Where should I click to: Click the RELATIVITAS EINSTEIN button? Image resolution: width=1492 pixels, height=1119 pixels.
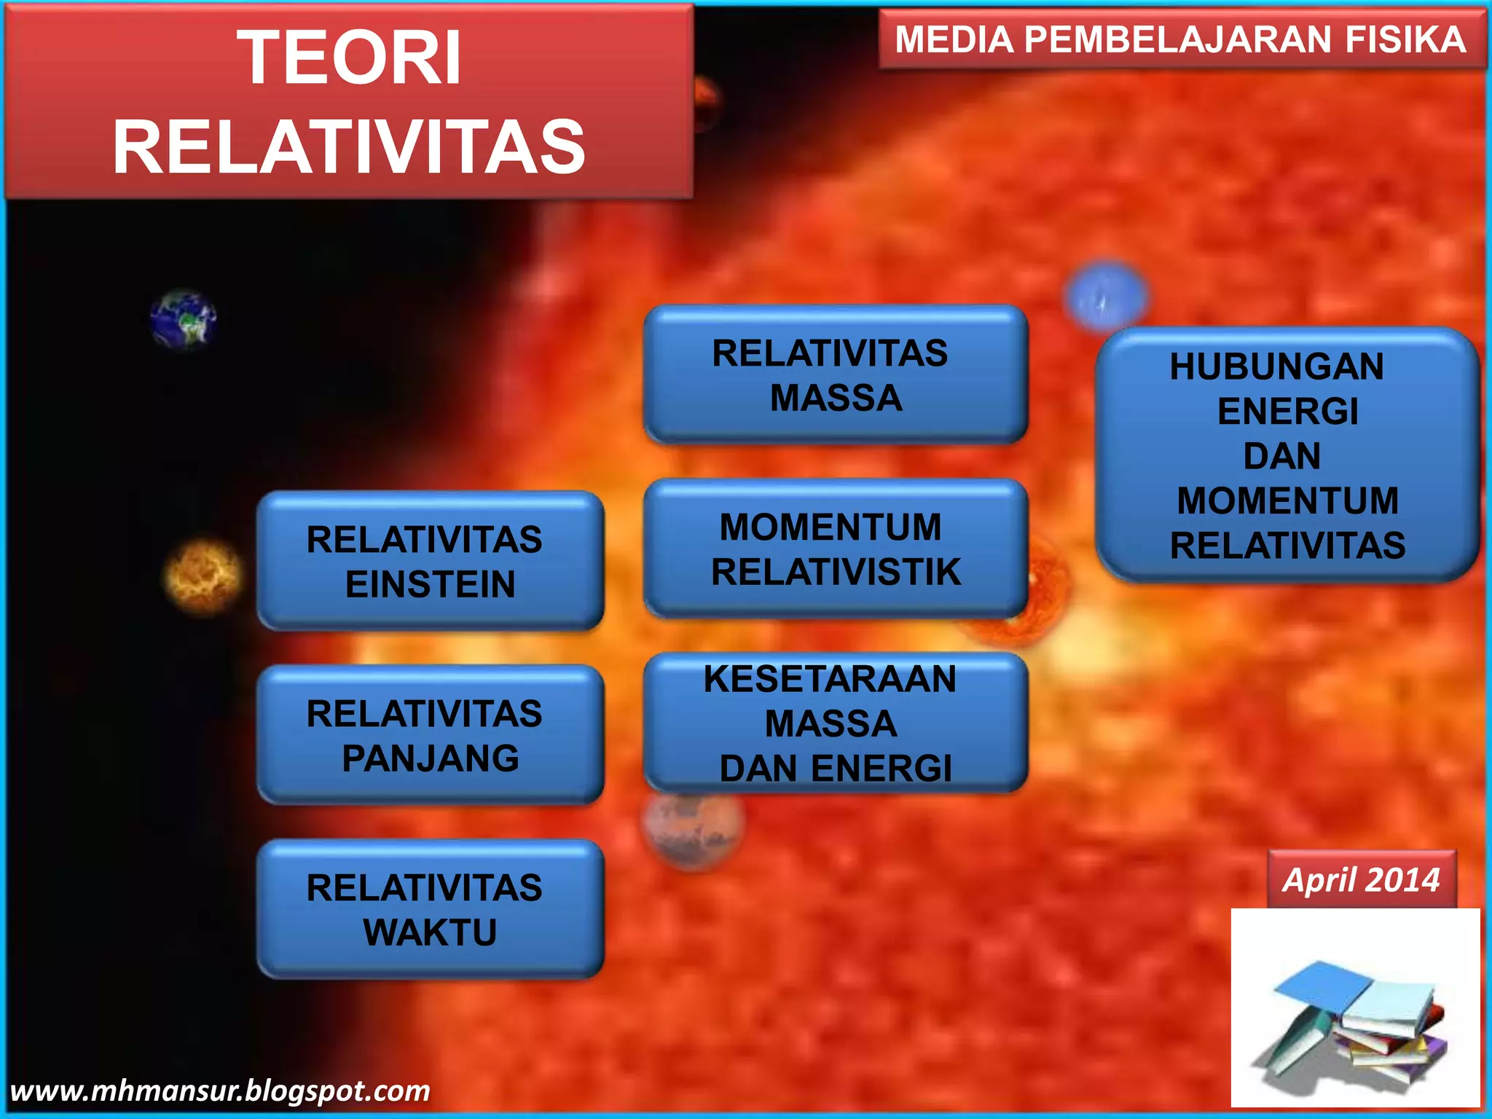[430, 561]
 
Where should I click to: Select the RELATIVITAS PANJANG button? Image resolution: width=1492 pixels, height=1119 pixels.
[430, 735]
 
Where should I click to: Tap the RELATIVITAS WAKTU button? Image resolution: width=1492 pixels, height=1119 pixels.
[430, 909]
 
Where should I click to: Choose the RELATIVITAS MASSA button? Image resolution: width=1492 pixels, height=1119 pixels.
[835, 375]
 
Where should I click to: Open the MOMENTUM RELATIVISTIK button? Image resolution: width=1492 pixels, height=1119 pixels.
[835, 549]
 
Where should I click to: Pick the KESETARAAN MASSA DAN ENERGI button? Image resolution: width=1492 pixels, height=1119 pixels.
[835, 723]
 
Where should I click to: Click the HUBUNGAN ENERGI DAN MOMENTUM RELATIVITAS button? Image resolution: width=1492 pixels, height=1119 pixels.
[1287, 455]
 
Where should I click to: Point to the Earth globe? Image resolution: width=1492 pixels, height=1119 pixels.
[183, 321]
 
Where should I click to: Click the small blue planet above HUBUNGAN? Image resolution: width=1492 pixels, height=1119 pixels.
[1105, 296]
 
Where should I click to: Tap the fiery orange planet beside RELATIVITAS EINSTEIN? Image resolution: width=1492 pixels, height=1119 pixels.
[203, 576]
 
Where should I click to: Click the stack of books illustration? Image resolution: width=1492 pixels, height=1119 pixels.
[1355, 1020]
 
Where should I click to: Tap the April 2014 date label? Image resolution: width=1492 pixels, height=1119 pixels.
[1361, 880]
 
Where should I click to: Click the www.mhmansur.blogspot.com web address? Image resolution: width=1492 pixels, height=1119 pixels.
[220, 1091]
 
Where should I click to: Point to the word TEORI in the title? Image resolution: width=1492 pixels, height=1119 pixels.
[350, 58]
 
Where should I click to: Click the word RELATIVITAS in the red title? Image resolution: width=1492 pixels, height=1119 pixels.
[350, 148]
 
